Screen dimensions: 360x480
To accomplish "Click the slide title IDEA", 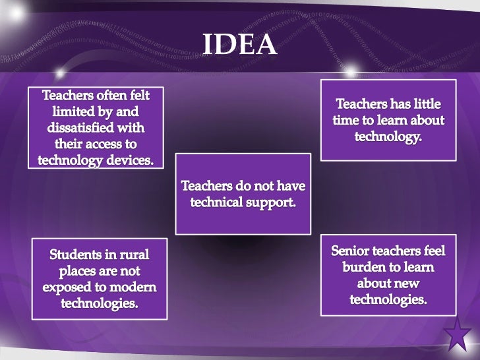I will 239,44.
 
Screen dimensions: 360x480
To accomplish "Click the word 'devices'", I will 130,158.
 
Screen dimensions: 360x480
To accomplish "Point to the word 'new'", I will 404,285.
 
